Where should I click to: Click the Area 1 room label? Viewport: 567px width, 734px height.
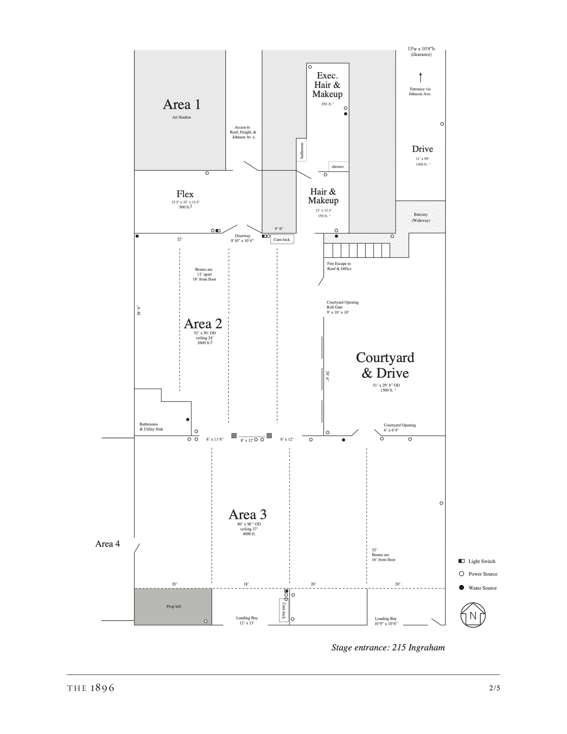point(182,105)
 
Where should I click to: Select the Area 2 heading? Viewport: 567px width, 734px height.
point(203,324)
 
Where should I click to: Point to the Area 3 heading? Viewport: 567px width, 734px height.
point(248,515)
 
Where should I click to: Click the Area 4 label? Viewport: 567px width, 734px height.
point(107,544)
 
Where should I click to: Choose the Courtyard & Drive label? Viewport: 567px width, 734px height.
point(385,365)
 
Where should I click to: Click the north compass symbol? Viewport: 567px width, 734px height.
point(473,615)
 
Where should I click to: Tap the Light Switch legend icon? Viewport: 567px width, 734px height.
point(462,561)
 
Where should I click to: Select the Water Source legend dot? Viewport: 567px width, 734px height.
point(462,587)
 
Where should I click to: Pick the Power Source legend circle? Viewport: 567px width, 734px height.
point(462,574)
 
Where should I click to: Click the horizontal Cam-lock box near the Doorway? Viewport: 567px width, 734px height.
point(282,239)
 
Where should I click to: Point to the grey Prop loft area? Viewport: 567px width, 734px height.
point(173,607)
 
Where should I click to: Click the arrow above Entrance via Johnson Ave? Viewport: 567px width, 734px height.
point(420,77)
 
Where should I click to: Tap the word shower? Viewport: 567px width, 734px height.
point(338,167)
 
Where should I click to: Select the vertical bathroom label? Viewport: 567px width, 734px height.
point(302,150)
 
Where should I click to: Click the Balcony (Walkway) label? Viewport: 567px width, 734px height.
point(421,217)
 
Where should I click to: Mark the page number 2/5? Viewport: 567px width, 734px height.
point(494,688)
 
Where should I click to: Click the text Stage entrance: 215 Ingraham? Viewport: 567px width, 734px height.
point(388,648)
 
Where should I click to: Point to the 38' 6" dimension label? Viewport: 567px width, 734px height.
point(139,311)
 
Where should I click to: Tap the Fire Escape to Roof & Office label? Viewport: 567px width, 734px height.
point(339,266)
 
